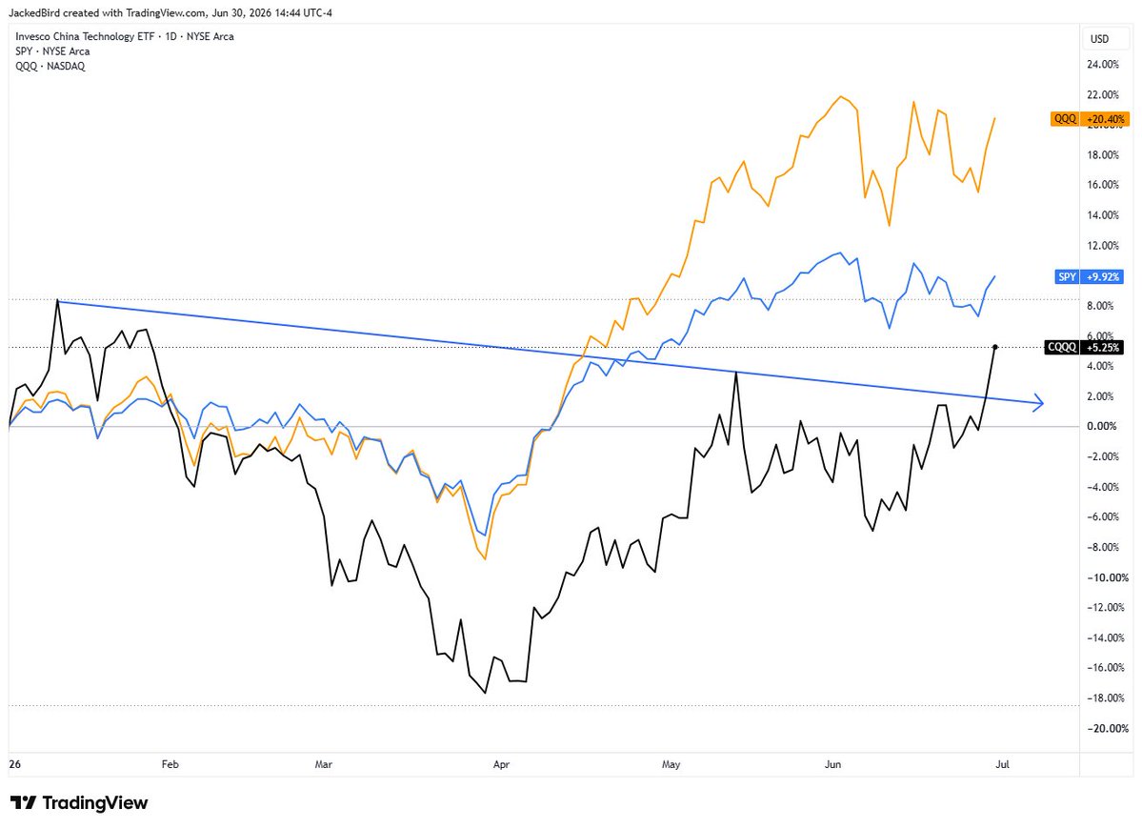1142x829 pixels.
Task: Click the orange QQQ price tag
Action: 1090,119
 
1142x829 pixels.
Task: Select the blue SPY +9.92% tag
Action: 1089,277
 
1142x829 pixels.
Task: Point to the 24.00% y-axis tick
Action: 1103,64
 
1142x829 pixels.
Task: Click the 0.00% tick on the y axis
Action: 1102,426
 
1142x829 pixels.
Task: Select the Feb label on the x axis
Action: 170,764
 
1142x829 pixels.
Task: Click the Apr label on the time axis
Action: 501,764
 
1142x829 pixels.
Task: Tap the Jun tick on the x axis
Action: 832,764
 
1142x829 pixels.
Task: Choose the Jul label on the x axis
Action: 1002,764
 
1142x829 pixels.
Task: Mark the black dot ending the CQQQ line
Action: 995,347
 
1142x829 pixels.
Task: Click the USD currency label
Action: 1099,39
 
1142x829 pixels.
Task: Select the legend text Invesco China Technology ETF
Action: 85,36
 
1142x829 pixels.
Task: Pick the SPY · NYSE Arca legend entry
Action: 52,51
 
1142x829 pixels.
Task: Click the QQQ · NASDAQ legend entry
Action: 50,67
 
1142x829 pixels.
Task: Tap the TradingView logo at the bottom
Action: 79,802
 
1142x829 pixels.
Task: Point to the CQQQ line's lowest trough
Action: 485,692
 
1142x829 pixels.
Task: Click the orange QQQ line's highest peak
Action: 841,96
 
